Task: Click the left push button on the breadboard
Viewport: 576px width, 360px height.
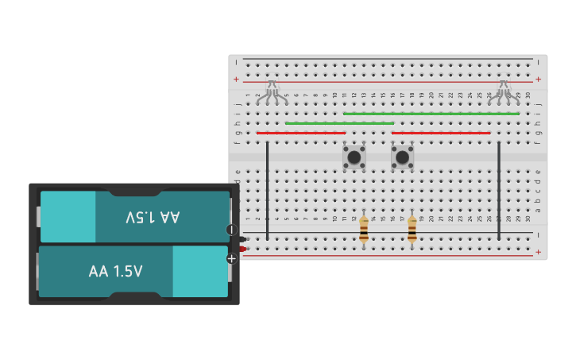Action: tap(354, 157)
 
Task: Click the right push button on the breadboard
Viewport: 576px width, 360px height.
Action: tap(402, 157)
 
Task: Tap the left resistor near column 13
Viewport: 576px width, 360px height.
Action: tap(364, 230)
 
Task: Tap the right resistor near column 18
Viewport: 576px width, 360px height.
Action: tap(412, 230)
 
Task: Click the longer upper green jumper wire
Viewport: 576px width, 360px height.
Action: tap(431, 114)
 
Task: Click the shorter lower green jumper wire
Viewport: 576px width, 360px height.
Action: tap(339, 123)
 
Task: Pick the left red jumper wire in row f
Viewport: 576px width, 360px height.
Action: tap(301, 133)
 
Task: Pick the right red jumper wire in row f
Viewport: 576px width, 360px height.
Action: tap(441, 133)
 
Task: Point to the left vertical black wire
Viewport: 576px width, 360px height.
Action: tap(268, 191)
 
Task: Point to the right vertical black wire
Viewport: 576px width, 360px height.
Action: tap(499, 191)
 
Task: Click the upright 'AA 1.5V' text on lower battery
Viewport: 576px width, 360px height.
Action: tap(116, 272)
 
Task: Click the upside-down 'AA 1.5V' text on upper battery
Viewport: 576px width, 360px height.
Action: tap(153, 217)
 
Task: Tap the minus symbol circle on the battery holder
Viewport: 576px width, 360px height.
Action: tap(231, 230)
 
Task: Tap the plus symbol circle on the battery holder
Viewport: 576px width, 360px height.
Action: tap(231, 258)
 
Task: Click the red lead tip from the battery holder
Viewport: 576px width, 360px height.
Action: tap(242, 249)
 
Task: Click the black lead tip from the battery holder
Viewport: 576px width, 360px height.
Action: tap(242, 238)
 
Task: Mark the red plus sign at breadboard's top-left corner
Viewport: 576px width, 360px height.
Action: tap(236, 79)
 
